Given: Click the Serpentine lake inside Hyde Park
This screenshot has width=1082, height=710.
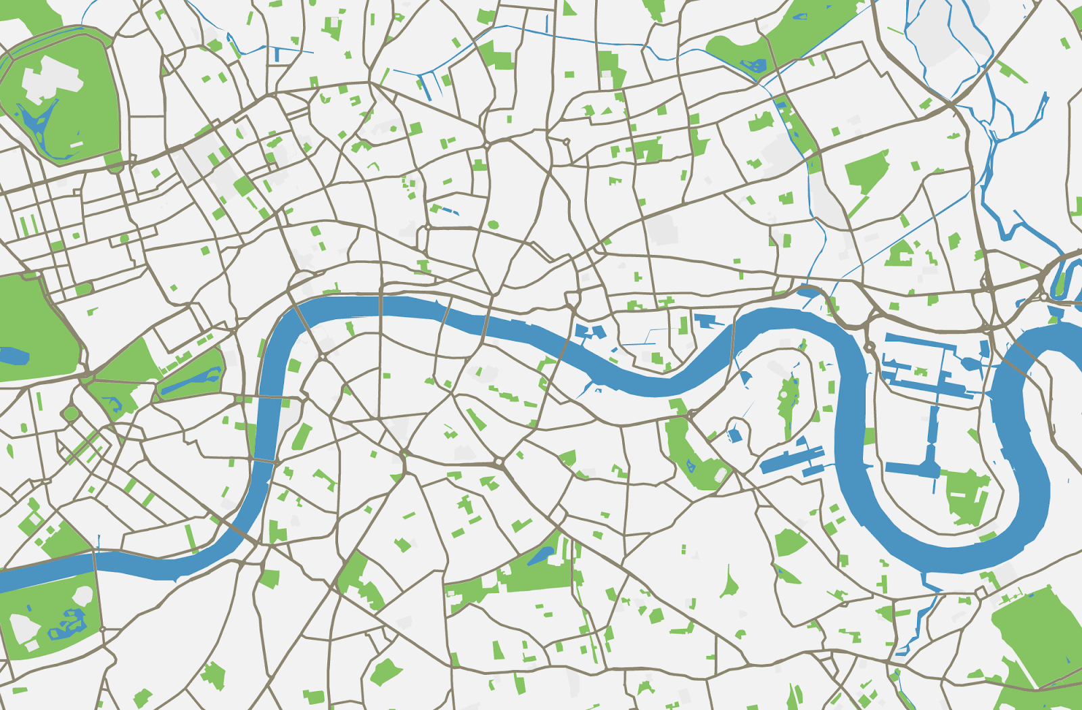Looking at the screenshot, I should pyautogui.click(x=14, y=355).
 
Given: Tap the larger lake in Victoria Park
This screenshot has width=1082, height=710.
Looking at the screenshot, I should pyautogui.click(x=754, y=66).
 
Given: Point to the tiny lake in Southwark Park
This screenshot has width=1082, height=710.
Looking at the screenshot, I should pyautogui.click(x=690, y=465).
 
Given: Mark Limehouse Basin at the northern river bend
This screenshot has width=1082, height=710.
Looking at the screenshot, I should pyautogui.click(x=807, y=292).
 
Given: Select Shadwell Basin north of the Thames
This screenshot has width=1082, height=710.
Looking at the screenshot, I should pyautogui.click(x=707, y=321).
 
